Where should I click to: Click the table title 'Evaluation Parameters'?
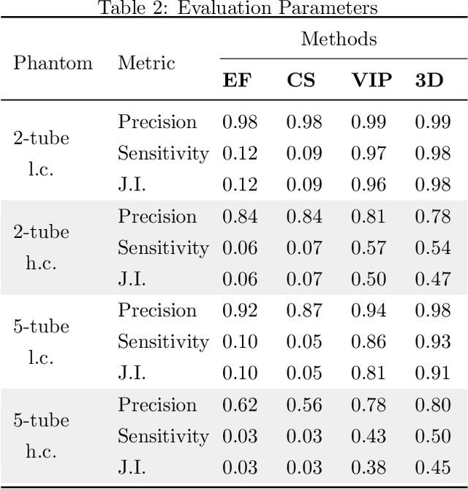[x=238, y=8]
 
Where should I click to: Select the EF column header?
[x=236, y=80]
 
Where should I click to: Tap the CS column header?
[x=301, y=80]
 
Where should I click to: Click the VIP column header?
[x=371, y=80]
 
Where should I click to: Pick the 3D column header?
[x=429, y=80]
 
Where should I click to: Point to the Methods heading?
[x=339, y=39]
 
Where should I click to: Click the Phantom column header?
[x=53, y=62]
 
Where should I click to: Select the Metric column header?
[x=146, y=62]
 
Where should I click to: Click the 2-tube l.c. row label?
[x=41, y=153]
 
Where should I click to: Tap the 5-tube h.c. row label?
[x=41, y=436]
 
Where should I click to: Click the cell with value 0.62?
[x=240, y=405]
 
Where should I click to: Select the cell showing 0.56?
[x=303, y=405]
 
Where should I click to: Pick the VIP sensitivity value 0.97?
[x=368, y=153]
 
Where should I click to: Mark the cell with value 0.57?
[x=368, y=247]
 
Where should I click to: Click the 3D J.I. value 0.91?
[x=432, y=373]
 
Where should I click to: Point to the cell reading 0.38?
[x=368, y=467]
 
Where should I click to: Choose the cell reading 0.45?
[x=432, y=467]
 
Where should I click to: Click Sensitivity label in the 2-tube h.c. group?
[x=163, y=247]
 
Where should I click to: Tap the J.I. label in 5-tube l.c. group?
[x=132, y=373]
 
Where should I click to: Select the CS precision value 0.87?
[x=303, y=310]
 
